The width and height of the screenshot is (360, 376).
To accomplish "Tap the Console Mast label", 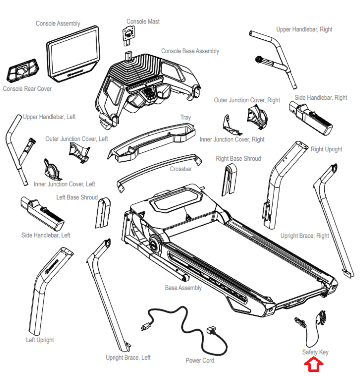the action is tap(143, 22).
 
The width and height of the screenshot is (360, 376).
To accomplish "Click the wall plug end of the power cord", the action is tap(146, 326).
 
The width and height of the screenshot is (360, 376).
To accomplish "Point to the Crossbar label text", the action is tap(181, 169).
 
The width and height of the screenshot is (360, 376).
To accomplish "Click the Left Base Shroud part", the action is tap(103, 213).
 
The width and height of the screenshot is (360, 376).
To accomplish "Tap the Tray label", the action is tap(186, 117).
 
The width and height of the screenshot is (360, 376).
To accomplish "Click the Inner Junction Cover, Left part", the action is tap(52, 170).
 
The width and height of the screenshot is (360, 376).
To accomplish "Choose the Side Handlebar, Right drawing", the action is tap(311, 118).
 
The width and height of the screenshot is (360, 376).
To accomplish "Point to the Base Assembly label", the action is tap(183, 288).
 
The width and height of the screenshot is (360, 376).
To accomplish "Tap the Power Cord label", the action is tap(200, 360).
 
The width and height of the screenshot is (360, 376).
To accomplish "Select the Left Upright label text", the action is tap(40, 340).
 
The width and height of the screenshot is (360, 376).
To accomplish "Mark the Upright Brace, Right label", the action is tap(305, 236).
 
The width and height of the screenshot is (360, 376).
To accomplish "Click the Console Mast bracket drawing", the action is tap(129, 35).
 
